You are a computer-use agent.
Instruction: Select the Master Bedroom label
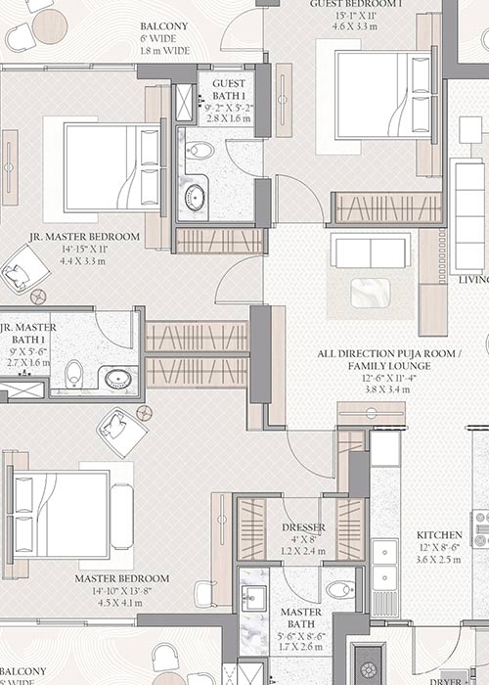(121, 578)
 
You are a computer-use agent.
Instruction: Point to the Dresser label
(302, 527)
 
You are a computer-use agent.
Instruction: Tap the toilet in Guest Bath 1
(200, 150)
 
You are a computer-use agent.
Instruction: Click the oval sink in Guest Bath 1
(195, 196)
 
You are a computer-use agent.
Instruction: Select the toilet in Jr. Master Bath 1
(73, 374)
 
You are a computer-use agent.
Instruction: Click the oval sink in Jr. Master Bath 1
(119, 379)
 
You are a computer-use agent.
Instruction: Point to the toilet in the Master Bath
(339, 589)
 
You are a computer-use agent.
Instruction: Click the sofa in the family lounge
(370, 251)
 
